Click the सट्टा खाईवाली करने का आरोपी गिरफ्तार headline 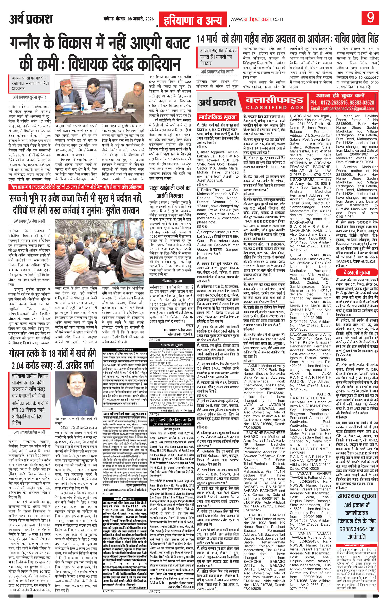[173, 192]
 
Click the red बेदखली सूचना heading [356, 272]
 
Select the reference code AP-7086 [155, 339]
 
